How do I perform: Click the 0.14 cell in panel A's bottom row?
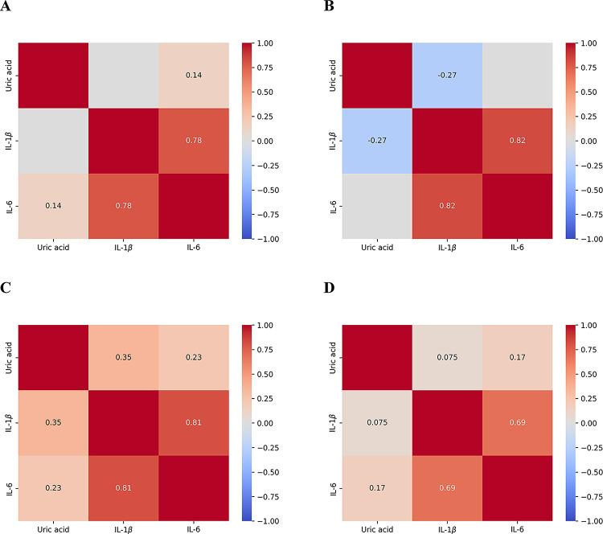(50, 207)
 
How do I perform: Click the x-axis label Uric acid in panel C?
(50, 528)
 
